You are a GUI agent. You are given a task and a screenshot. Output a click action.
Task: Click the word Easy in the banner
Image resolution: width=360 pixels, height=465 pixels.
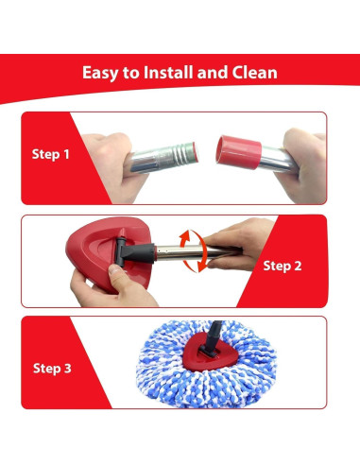pos(100,73)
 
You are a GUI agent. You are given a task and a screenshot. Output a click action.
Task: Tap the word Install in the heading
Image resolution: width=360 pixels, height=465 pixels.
pos(168,72)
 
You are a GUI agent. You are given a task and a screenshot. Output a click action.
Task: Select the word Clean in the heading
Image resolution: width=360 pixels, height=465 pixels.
pos(255,72)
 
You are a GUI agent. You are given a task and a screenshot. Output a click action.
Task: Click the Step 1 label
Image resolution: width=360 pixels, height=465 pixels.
pos(50,154)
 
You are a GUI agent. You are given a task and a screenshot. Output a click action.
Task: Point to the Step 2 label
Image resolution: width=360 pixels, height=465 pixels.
pos(283,266)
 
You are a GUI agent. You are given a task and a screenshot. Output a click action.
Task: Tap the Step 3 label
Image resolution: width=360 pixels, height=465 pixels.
pos(52,369)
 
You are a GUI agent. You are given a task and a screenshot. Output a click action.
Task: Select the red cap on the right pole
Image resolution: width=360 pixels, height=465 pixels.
pos(239,152)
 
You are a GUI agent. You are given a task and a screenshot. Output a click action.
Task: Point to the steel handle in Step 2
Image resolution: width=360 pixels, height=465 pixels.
pos(198,252)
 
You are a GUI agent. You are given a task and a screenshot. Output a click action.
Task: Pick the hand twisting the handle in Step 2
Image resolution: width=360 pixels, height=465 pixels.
pos(239,244)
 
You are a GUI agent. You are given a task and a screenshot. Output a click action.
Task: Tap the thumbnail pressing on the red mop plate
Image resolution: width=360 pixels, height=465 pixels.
pos(115,269)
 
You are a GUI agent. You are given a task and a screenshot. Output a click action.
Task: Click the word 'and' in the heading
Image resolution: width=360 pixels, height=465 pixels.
pos(212,72)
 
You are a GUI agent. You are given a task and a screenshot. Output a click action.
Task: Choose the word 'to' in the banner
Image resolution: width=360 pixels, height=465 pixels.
pos(131,73)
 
